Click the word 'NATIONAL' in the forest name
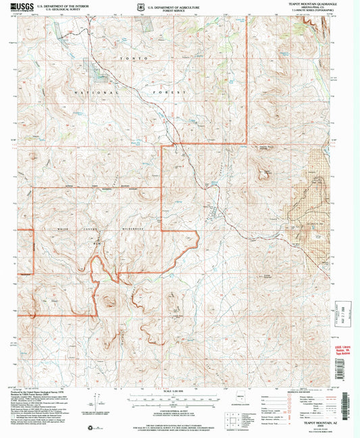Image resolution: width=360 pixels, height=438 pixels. click(88, 88)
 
